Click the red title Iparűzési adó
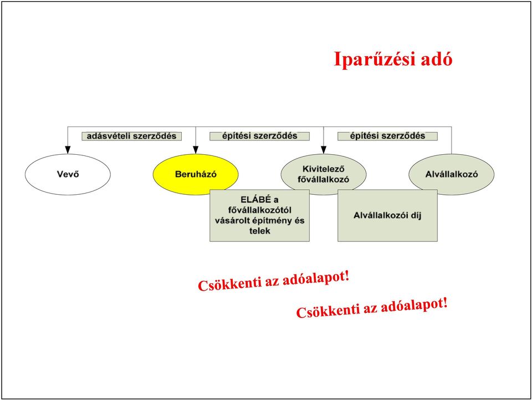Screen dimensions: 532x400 click(393, 59)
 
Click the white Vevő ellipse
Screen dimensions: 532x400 click(68, 174)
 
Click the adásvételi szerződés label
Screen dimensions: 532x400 click(132, 136)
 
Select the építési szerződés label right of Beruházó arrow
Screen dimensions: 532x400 click(259, 136)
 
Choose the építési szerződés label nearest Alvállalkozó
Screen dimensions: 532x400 click(387, 136)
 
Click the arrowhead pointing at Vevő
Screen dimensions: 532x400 click(68, 150)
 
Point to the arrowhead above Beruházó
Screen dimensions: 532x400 click(196, 150)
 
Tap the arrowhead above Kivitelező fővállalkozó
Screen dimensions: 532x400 click(324, 150)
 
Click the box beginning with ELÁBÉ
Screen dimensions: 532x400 click(259, 215)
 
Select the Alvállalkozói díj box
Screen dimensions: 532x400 click(387, 215)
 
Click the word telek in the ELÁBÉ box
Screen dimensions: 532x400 click(259, 231)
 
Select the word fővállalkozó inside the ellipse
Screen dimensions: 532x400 click(323, 179)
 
